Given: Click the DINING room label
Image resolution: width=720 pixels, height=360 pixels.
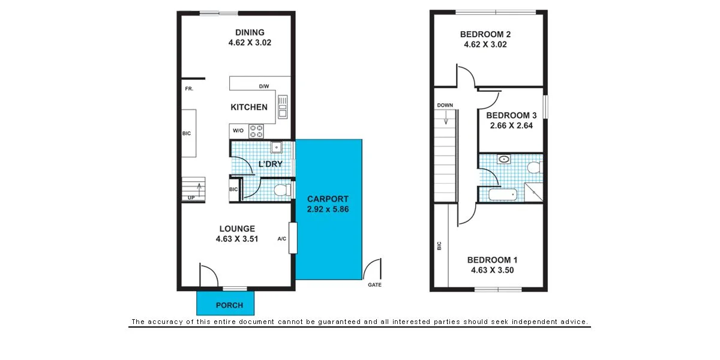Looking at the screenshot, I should (x=250, y=32).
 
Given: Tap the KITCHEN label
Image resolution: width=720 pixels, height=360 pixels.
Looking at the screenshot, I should (x=249, y=107).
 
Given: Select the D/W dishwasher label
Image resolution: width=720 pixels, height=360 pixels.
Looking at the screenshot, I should (x=263, y=86).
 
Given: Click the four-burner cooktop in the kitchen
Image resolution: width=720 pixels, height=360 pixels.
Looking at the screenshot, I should (x=257, y=130).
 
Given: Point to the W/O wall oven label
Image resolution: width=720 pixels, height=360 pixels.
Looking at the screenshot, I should (x=238, y=130).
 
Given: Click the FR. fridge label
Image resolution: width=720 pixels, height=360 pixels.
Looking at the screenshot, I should (x=188, y=89).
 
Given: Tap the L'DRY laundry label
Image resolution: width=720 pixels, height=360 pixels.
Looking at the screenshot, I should (x=270, y=164).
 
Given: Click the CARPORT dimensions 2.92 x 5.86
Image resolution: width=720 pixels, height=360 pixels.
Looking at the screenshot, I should (x=328, y=210).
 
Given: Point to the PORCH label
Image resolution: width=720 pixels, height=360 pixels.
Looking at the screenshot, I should (x=230, y=305).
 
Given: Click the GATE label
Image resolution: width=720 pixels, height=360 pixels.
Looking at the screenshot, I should (x=374, y=285).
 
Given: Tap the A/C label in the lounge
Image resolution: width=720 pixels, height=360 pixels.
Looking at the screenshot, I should (x=281, y=239).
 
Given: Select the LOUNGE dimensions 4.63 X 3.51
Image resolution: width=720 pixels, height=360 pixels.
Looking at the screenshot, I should (x=236, y=239).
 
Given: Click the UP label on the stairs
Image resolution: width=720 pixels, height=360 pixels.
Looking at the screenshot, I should (x=191, y=197).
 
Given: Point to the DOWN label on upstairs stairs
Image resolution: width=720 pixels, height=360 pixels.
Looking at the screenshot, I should (x=445, y=105).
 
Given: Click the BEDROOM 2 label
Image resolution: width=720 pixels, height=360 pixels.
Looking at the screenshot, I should (x=485, y=34).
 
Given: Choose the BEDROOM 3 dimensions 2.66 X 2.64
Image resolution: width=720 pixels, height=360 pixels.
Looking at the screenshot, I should (x=511, y=126).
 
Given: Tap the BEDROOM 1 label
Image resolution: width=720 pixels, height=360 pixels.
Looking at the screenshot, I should (x=492, y=260).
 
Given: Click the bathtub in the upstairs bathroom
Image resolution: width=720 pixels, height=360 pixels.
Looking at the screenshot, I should (x=503, y=194).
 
